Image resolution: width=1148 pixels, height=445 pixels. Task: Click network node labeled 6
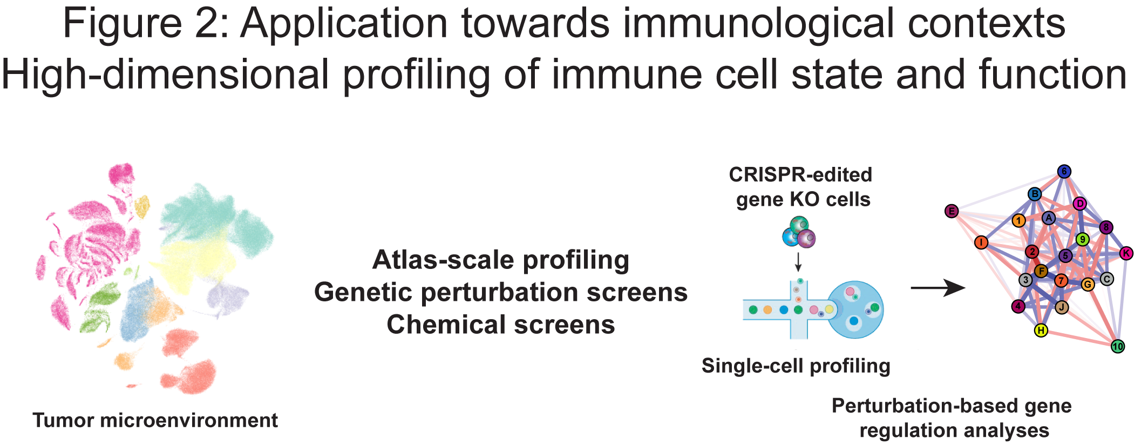(x=1064, y=172)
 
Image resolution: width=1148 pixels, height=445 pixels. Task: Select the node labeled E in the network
(x=952, y=211)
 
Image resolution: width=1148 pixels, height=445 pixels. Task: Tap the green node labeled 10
(x=1118, y=346)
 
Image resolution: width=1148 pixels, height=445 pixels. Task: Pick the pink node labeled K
(x=1126, y=253)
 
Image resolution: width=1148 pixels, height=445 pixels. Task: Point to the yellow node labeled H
(x=1041, y=330)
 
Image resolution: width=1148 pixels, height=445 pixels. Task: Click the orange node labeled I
(x=981, y=242)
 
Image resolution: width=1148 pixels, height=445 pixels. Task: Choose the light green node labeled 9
(x=1082, y=239)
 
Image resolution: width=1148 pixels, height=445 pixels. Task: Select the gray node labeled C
(x=1106, y=279)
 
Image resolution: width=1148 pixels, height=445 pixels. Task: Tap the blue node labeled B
(x=1035, y=194)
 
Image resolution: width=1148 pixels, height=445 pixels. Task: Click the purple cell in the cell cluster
(x=807, y=238)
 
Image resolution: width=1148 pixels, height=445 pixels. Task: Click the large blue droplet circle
(x=855, y=309)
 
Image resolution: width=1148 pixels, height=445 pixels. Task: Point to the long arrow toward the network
(x=938, y=288)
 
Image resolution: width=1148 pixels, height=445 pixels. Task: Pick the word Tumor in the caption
(x=63, y=420)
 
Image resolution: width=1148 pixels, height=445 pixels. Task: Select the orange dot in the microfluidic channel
(x=767, y=310)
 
